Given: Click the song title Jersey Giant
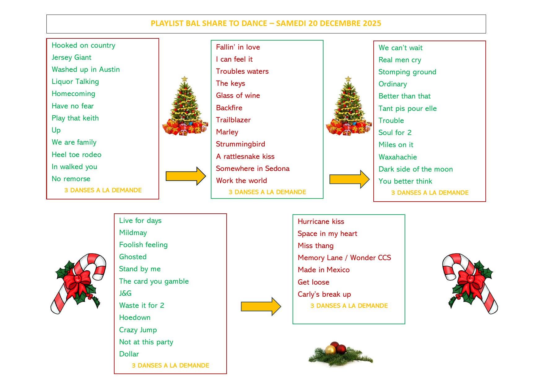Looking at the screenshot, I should (72, 58).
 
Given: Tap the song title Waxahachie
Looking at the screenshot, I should (397, 157).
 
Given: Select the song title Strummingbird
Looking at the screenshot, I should (240, 144).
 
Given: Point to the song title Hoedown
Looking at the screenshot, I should (135, 317).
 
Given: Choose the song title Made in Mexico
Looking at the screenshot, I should (324, 270).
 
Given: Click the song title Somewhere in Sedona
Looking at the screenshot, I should (253, 168).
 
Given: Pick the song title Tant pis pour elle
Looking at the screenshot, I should (407, 108).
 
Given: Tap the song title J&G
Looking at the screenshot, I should (125, 293).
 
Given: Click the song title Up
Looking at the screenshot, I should (56, 130).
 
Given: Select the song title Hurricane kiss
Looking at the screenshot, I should (321, 221).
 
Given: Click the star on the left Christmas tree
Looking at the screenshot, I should (185, 79).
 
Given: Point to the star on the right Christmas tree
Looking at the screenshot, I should (348, 79).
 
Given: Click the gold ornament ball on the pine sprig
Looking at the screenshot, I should (330, 350).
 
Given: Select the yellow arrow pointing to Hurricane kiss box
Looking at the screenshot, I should (261, 306).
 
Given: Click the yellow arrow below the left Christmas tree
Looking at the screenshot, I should (185, 176).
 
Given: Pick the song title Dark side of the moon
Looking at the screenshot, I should (415, 169).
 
